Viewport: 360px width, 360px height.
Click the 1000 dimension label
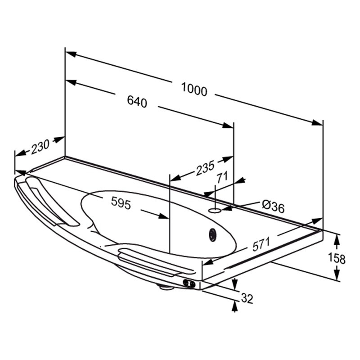point(194,89)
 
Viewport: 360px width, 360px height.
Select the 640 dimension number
point(137,101)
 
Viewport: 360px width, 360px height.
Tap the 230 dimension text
point(40,147)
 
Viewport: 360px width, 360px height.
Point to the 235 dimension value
point(205,167)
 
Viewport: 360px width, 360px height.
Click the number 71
point(222,177)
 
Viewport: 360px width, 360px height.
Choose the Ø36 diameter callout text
point(273,207)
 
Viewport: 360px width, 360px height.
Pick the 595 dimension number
point(121,203)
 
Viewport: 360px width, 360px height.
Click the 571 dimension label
point(261,244)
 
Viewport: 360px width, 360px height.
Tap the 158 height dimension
point(337,258)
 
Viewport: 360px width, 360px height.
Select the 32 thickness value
point(247,298)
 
